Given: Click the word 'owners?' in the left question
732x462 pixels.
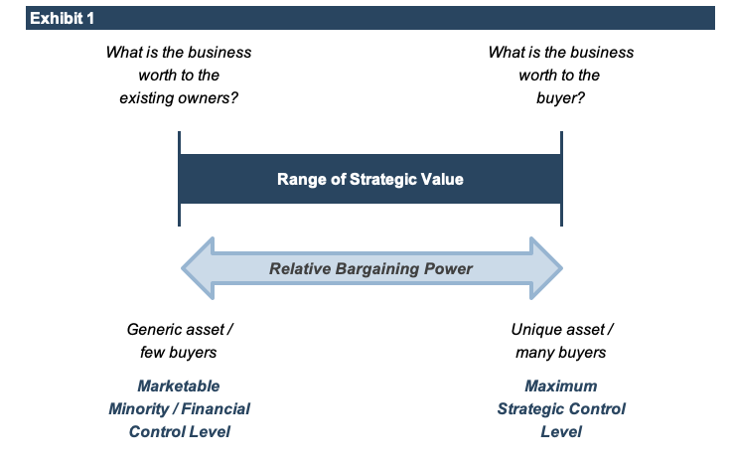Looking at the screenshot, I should coord(211,98).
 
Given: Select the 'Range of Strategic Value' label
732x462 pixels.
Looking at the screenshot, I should coord(369,180).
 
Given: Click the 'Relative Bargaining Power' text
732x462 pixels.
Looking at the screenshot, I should coord(371,268).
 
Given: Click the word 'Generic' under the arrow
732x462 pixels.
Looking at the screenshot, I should coord(153,329).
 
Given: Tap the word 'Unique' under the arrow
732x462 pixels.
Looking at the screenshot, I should coord(535,329).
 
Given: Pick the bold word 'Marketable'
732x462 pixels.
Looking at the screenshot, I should coord(179,385).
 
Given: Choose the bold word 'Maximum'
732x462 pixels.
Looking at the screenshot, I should coord(561,385).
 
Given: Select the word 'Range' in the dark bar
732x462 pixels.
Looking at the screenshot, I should coord(298,180).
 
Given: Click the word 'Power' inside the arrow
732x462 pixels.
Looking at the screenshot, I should coord(450,268).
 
